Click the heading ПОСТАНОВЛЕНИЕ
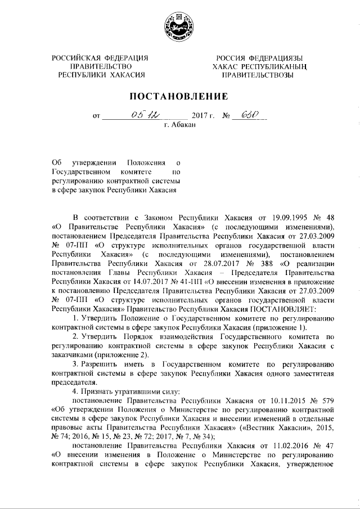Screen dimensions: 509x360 [179, 95]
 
